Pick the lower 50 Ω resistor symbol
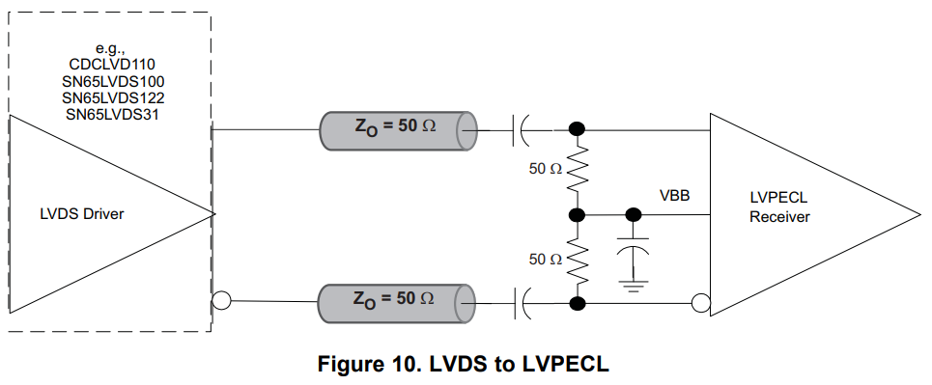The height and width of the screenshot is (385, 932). pos(578,260)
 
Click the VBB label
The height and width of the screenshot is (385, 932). pos(673,196)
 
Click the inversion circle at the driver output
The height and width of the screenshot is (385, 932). pos(220,302)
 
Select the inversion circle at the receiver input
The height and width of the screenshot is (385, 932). pos(701,304)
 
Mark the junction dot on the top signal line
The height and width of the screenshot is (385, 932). pos(578,129)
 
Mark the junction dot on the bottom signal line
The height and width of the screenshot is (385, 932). pos(578,304)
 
